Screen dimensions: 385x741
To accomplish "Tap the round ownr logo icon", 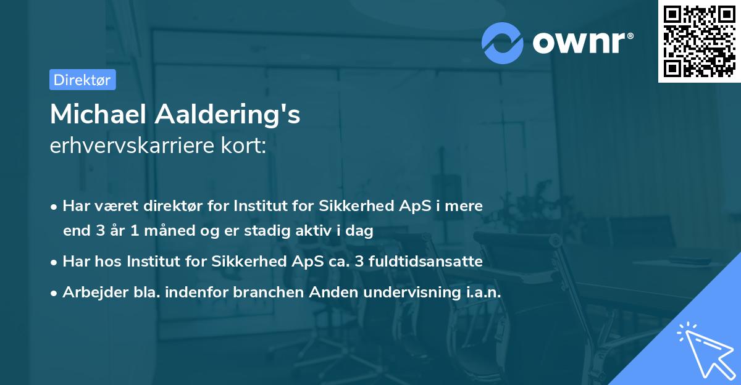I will pos(503,43).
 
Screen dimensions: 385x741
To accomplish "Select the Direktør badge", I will pos(82,80).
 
